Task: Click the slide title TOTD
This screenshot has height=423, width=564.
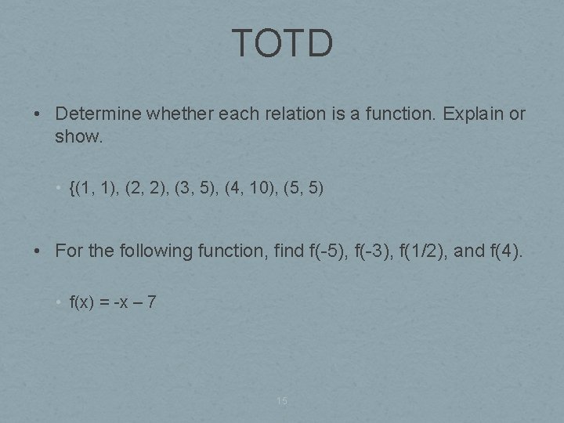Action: click(x=282, y=44)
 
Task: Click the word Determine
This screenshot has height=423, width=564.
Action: click(x=97, y=114)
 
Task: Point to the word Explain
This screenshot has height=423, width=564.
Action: click(x=472, y=114)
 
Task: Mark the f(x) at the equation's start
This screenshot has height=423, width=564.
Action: click(x=82, y=302)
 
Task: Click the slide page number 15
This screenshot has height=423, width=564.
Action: click(x=282, y=401)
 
